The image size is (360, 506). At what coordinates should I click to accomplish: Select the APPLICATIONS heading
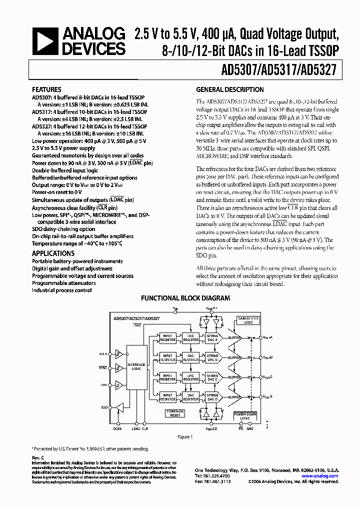(53, 253)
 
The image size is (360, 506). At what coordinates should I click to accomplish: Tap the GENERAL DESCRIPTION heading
(229, 90)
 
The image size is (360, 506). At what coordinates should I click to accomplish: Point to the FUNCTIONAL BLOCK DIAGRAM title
(185, 298)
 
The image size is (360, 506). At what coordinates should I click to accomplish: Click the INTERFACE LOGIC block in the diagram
(135, 366)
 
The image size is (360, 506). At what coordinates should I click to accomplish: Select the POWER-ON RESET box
(174, 413)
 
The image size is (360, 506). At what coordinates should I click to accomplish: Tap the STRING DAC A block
(212, 338)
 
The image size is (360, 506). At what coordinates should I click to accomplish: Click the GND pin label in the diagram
(250, 428)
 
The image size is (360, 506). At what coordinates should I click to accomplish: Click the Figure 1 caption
(185, 436)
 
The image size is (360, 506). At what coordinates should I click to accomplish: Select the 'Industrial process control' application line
(62, 290)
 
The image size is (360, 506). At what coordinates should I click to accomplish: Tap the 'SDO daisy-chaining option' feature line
(63, 229)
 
